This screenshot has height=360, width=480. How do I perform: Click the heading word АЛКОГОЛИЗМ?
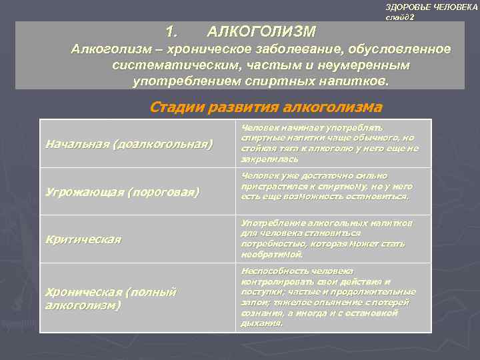click(261, 31)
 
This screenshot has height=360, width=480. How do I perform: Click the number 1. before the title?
click(172, 31)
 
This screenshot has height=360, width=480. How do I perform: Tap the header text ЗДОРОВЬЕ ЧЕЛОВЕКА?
click(431, 6)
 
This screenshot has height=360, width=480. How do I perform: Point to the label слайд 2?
click(400, 17)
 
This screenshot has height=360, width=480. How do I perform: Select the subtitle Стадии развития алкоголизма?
click(266, 107)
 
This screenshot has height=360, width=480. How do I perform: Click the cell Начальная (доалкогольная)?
click(129, 143)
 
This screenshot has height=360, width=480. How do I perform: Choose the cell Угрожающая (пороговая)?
click(122, 192)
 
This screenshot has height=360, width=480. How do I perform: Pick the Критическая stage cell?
click(83, 239)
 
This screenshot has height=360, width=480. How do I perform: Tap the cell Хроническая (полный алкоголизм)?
click(110, 298)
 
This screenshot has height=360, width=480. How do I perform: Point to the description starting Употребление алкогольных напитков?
click(327, 238)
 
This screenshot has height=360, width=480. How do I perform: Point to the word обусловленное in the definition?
click(400, 50)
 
